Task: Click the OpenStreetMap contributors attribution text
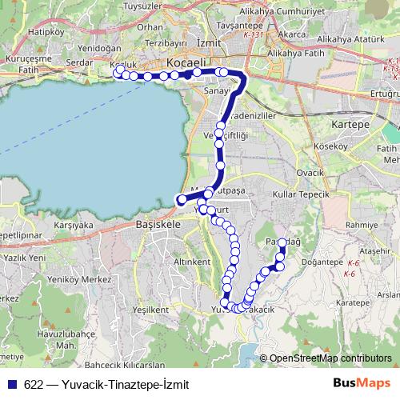click(329, 359)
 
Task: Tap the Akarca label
click(294, 35)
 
